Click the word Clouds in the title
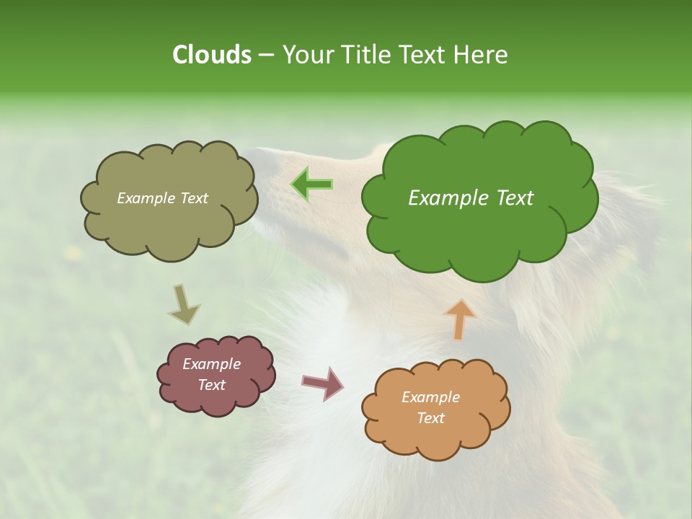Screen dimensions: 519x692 [x=212, y=55]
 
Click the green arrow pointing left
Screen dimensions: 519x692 [x=312, y=185]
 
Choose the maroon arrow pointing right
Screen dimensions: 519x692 [x=323, y=383]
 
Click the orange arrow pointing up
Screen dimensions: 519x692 [x=459, y=319]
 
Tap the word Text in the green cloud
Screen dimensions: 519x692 [x=514, y=198]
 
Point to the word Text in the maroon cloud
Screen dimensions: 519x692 [x=212, y=385]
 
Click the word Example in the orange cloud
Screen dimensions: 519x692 [x=430, y=397]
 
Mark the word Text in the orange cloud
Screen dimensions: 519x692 [x=430, y=418]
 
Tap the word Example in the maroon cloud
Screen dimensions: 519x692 [x=212, y=364]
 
